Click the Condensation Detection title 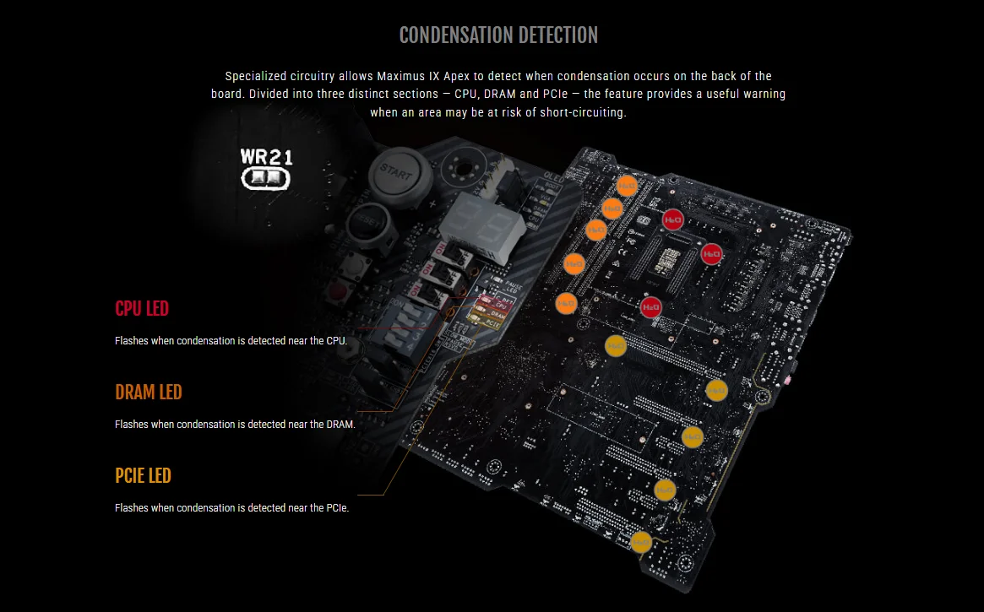coord(498,35)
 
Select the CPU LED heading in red coord(142,309)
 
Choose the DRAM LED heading coord(149,393)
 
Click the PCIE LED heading coord(143,476)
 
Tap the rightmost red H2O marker coord(712,253)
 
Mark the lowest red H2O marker coord(650,308)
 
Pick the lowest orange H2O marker coord(567,303)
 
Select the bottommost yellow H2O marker coord(641,541)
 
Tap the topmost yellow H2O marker coord(616,345)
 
